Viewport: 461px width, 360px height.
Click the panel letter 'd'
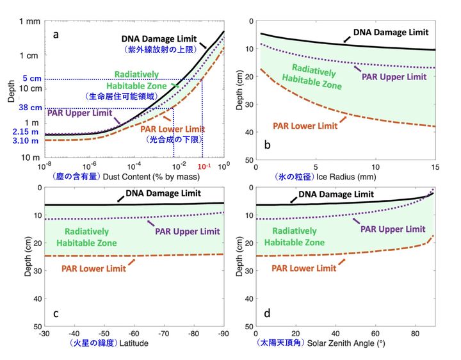click(266, 313)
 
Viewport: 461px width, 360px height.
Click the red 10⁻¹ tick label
click(202, 167)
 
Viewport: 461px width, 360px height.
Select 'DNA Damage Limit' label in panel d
click(337, 194)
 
